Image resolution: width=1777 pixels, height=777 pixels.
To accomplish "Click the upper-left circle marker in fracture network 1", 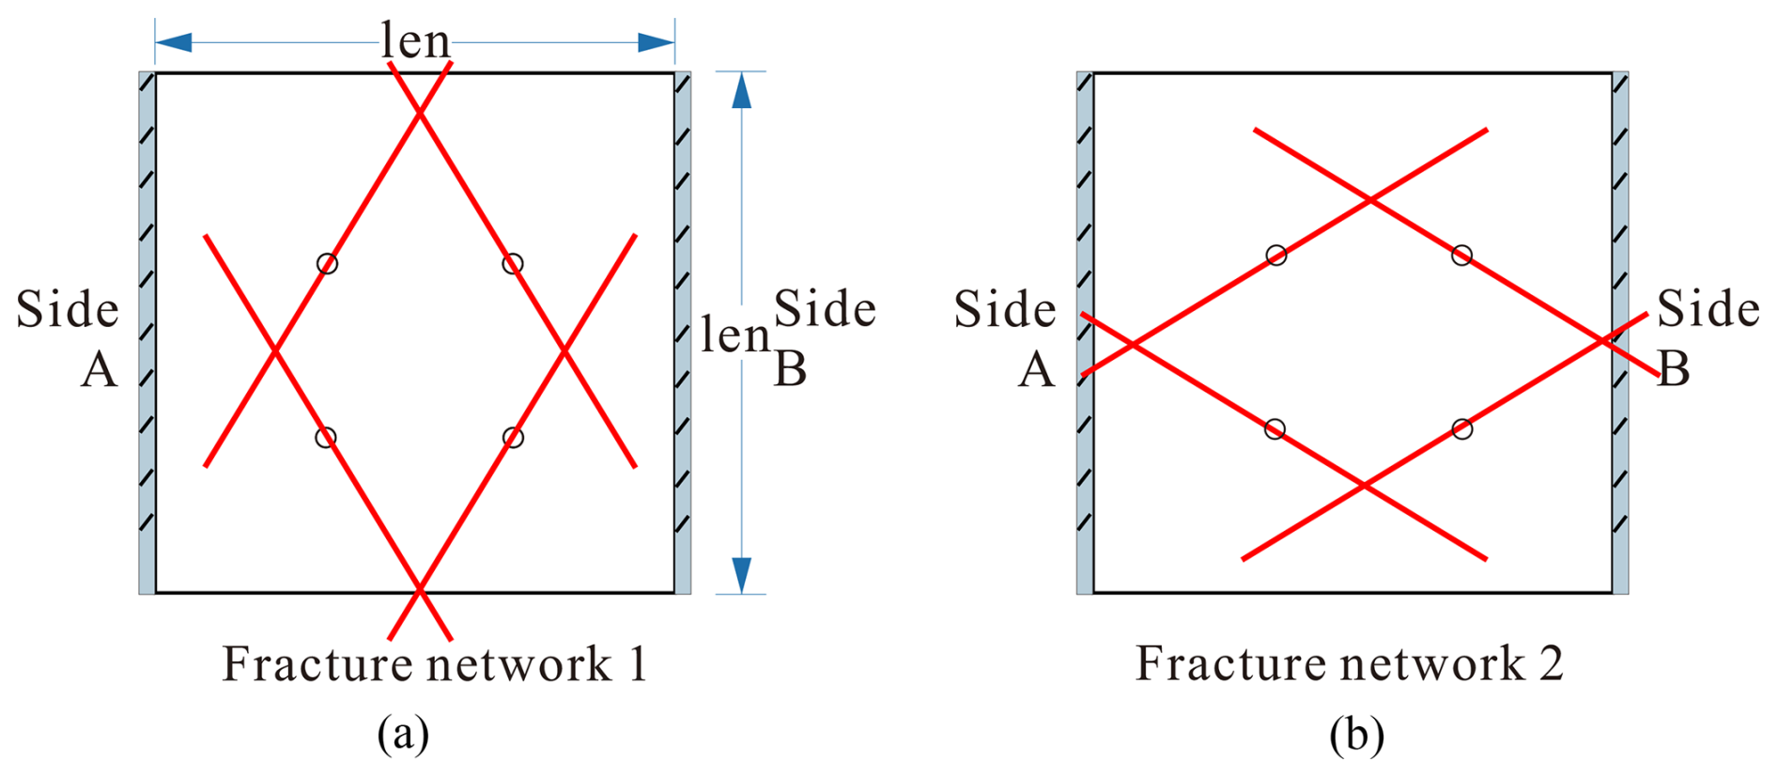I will (x=327, y=264).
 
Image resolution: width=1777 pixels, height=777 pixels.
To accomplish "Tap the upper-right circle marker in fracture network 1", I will (x=512, y=264).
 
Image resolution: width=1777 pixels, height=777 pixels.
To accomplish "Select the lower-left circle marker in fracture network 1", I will (x=325, y=437).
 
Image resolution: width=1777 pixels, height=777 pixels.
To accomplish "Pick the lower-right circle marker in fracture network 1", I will (x=513, y=437).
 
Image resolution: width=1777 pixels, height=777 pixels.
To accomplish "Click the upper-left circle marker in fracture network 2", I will (x=1276, y=256).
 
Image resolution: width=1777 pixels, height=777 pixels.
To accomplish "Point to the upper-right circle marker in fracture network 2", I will (x=1461, y=256).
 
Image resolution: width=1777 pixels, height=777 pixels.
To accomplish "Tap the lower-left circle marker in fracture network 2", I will (x=1275, y=429).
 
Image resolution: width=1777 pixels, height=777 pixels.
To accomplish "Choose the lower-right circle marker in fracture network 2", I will (x=1461, y=429).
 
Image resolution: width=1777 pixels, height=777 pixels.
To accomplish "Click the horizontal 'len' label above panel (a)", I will (x=415, y=41).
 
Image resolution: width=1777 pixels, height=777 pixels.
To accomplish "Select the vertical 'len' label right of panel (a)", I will (x=735, y=335).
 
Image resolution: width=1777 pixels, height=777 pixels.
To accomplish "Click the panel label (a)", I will (x=403, y=734).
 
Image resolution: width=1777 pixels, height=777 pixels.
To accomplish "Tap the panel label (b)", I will (x=1356, y=734).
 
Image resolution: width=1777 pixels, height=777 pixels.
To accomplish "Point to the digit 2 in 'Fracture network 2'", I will (x=1551, y=664).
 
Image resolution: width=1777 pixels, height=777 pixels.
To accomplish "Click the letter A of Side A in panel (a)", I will (x=100, y=369).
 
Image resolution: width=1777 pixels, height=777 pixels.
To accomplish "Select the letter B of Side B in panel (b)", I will (x=1674, y=369).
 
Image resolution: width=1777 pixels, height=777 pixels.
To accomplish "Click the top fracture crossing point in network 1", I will (x=420, y=114).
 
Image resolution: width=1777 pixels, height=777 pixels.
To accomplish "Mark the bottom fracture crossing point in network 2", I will (x=1364, y=486).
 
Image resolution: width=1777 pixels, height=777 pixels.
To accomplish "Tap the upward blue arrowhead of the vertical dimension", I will (x=742, y=91).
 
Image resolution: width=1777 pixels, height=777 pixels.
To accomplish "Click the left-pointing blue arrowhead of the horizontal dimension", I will (x=175, y=42).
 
